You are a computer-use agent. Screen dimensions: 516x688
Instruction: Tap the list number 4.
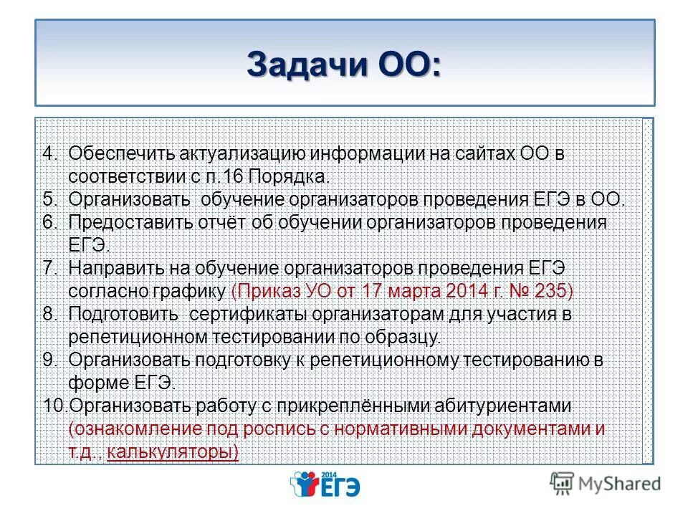49,153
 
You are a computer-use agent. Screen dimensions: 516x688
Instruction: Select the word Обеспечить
117,153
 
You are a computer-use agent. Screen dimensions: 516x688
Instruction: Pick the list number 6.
49,222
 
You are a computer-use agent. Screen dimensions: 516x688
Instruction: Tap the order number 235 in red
554,291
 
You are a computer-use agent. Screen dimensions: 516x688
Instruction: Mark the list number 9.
49,360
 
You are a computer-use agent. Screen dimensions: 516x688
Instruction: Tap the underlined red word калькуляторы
171,452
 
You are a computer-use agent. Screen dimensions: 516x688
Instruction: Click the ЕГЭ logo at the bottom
325,484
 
